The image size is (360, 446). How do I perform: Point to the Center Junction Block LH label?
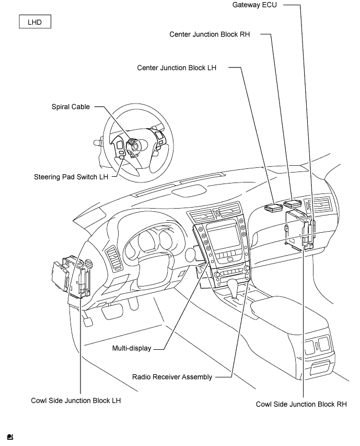pos(177,68)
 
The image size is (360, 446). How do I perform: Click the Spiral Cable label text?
pos(71,107)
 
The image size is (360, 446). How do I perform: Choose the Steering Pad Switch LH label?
pos(70,177)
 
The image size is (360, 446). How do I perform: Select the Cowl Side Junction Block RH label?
pos(301,404)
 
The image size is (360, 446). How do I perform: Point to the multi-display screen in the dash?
pos(225,236)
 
